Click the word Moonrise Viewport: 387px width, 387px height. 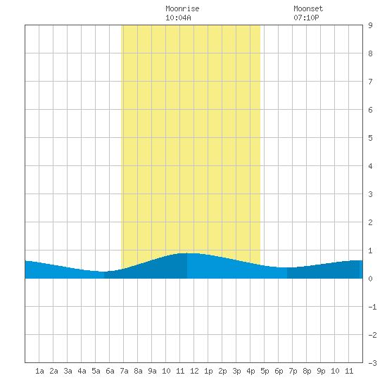(182, 8)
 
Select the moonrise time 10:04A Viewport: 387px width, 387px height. (178, 18)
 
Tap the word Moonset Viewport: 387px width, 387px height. (308, 8)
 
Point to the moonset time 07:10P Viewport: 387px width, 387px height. (306, 18)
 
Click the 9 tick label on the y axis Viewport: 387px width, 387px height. (370, 25)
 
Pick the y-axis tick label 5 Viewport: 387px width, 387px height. (370, 138)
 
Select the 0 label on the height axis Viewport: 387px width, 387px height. (370, 279)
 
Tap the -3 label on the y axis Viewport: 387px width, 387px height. (372, 363)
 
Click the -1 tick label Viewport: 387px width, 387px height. (372, 307)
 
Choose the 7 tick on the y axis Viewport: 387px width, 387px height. (370, 82)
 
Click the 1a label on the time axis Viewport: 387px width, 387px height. (39, 371)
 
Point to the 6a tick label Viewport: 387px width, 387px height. (110, 371)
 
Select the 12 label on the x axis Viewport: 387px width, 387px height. (194, 371)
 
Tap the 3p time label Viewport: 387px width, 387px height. (236, 371)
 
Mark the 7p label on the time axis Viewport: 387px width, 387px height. (293, 371)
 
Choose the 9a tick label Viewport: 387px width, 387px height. (152, 371)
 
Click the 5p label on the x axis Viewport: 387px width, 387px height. (265, 371)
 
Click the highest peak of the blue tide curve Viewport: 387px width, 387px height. (187, 253)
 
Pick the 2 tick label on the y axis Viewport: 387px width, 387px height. (370, 222)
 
